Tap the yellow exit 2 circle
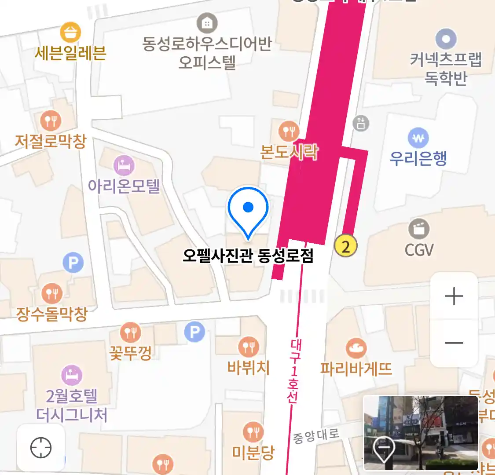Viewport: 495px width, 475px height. click(346, 246)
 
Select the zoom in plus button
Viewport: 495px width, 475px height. click(454, 296)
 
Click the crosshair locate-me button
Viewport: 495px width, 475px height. click(41, 448)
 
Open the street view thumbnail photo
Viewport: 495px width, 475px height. click(421, 433)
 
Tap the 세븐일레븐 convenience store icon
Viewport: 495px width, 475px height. click(70, 32)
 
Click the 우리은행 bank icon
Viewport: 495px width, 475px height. click(418, 138)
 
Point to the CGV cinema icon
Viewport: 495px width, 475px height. click(419, 229)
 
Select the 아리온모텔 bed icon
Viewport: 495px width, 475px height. click(124, 166)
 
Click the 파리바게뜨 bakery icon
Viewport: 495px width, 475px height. click(356, 348)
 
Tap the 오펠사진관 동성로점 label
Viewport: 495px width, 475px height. click(248, 256)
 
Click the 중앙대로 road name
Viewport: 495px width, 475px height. click(316, 435)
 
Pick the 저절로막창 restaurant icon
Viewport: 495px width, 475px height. click(51, 120)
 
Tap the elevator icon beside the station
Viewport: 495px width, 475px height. click(361, 123)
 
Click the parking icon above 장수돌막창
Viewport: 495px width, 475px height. click(73, 263)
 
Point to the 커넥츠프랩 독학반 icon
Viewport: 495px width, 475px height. click(446, 39)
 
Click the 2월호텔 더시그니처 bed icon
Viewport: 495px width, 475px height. click(71, 375)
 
